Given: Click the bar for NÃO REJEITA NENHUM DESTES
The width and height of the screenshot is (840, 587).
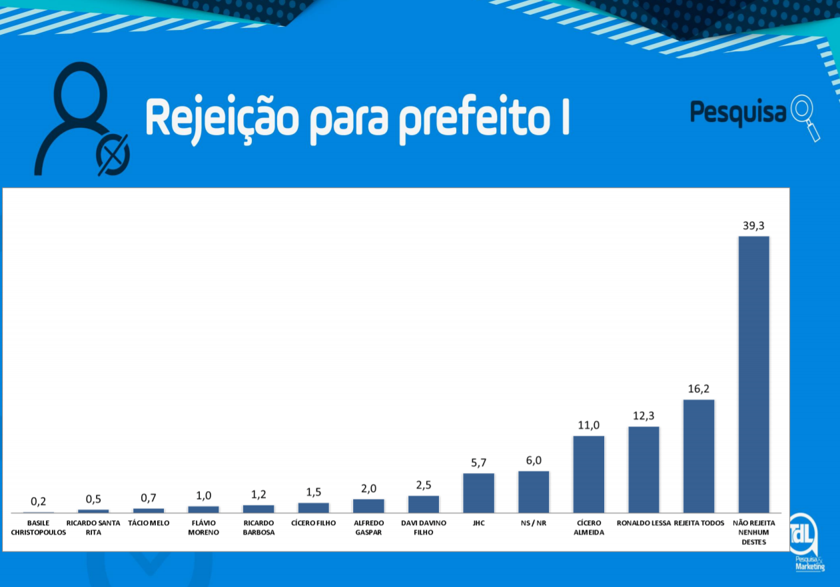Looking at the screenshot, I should coord(754,374).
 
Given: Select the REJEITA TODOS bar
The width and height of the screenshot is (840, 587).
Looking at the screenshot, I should coord(699,456).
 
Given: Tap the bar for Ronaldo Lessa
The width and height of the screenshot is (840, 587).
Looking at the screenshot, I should coord(643,469).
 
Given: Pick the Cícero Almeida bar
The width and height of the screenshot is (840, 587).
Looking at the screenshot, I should coord(589,474).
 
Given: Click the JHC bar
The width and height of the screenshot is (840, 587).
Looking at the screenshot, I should coord(479,492).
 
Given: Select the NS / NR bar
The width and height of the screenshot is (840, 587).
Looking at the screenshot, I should coord(534,492).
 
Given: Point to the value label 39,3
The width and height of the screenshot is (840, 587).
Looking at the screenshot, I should coord(754,226).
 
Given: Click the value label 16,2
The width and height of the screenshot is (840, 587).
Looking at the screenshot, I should coord(699,388).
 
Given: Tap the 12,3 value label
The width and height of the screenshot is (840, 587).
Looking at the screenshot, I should coord(643,416).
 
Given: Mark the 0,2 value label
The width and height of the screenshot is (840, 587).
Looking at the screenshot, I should coord(39,502).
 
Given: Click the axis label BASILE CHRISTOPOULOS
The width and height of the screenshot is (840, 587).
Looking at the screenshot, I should coord(39,528).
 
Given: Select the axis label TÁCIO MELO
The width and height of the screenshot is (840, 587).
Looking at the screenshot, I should coord(149,523).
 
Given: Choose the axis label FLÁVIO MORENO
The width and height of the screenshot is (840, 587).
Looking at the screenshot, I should coord(204,528).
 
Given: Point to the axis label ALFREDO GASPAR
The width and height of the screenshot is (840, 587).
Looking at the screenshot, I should coord(369,528).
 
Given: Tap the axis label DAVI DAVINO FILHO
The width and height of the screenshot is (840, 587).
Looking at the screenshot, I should coord(424,528).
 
